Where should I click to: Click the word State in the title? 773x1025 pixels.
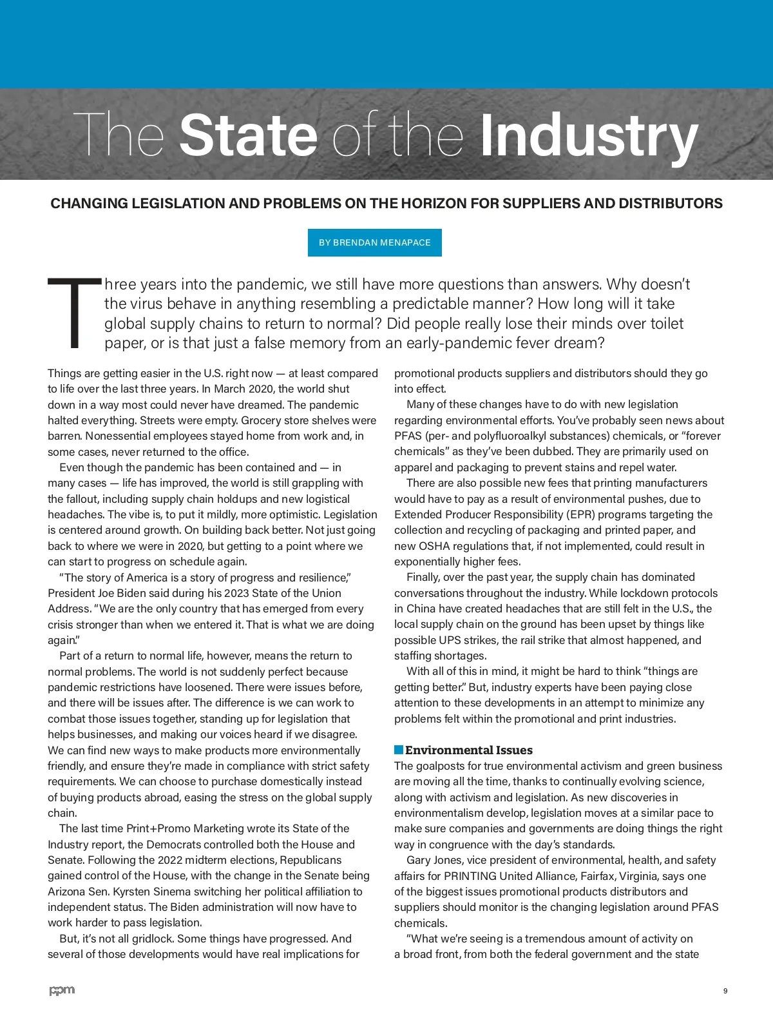(249, 135)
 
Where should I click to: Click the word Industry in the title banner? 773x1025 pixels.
(589, 137)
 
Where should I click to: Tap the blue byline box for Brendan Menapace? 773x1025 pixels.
(375, 242)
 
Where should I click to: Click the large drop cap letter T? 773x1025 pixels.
(74, 313)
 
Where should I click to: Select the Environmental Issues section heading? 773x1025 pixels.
(468, 750)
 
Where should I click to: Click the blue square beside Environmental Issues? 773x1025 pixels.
(399, 750)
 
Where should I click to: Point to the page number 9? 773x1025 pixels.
(725, 991)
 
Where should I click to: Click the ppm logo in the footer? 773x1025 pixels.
(62, 990)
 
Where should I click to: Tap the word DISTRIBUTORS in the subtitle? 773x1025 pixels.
(671, 204)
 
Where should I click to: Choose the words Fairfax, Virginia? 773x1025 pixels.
(621, 876)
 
